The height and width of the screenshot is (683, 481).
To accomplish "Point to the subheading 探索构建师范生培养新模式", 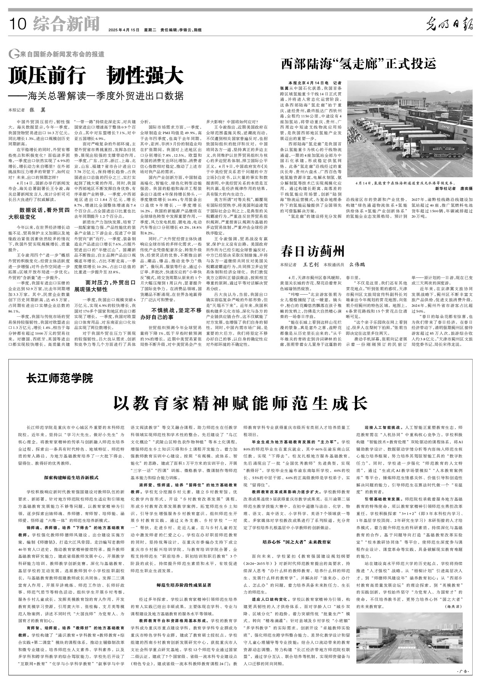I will pyautogui.click(x=71, y=477).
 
